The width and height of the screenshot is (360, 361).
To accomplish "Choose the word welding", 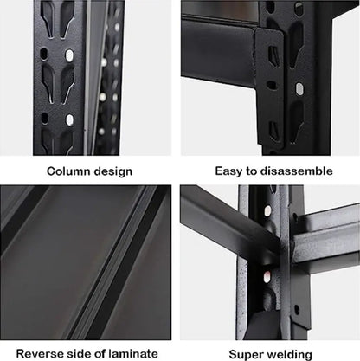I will click(289, 353).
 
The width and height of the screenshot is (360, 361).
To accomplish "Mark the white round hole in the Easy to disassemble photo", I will click(299, 88).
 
